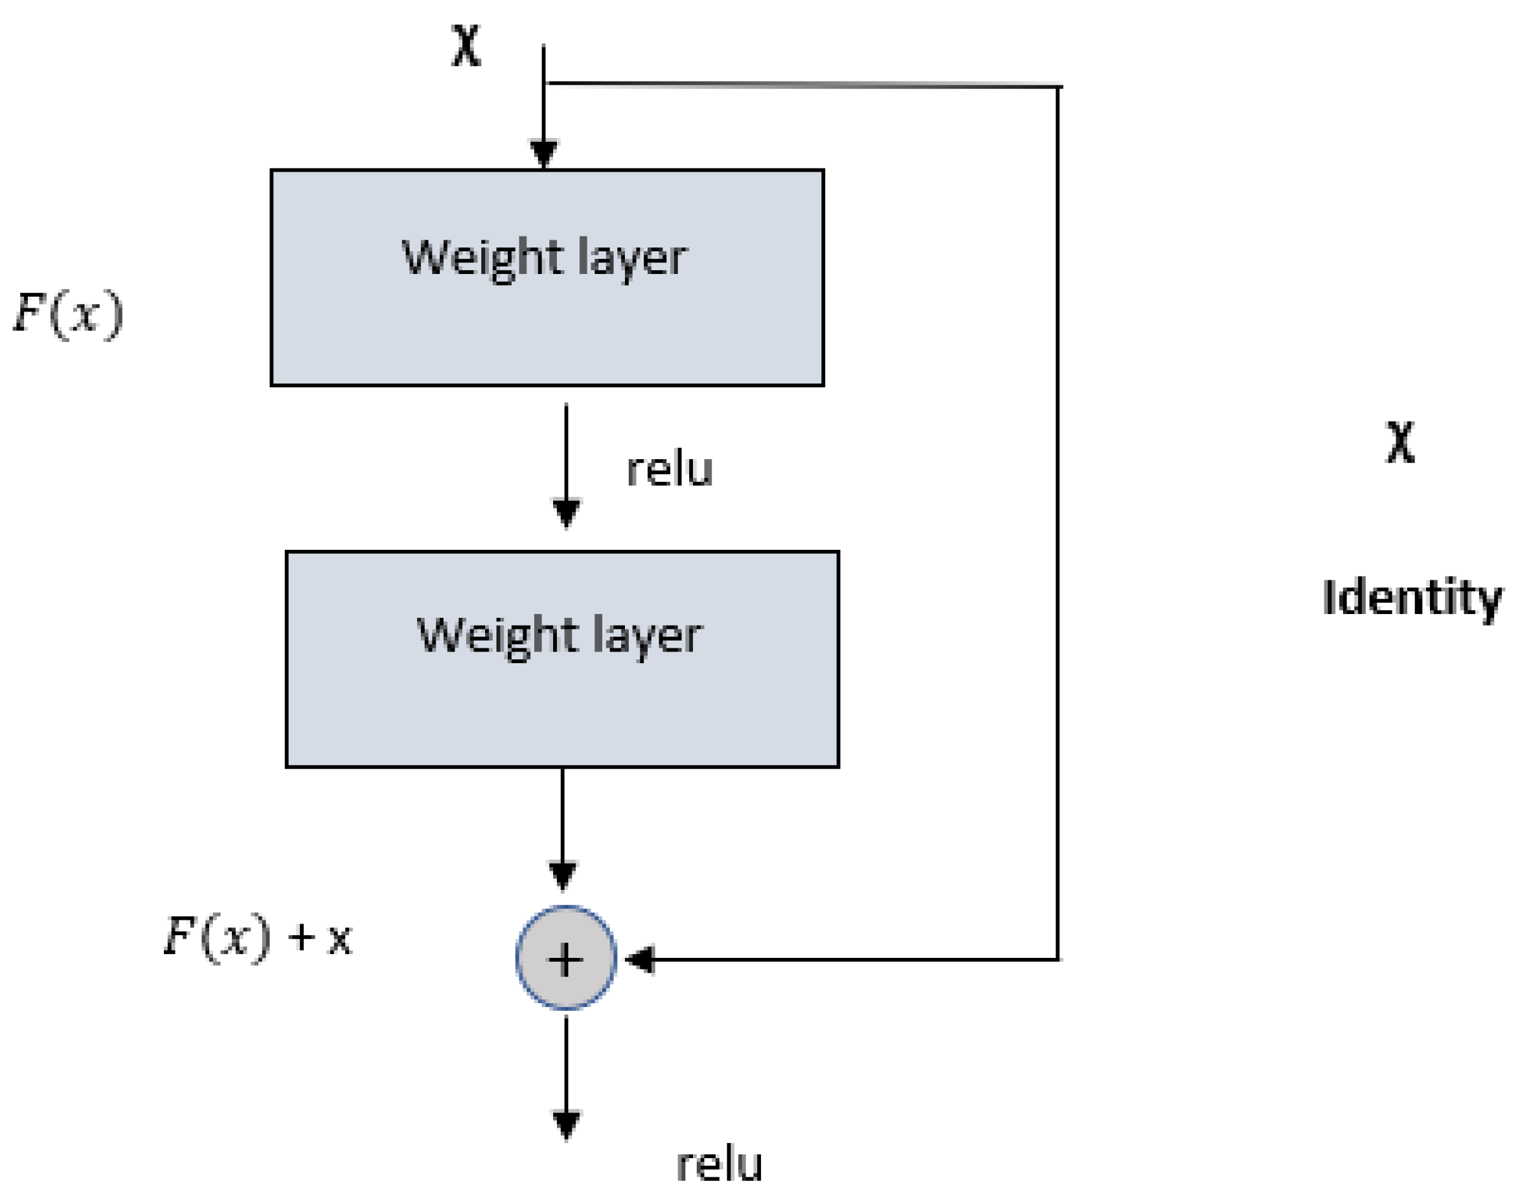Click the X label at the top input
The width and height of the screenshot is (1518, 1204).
[466, 46]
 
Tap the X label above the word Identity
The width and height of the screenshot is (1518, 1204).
[1399, 442]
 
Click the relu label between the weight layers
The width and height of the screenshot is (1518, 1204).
[670, 470]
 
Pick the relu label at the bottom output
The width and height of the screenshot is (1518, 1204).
[719, 1164]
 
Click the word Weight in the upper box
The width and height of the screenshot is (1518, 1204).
[482, 257]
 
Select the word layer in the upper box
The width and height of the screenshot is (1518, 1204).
[631, 258]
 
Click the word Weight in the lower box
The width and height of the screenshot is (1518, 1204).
[498, 635]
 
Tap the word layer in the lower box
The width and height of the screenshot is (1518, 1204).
[647, 637]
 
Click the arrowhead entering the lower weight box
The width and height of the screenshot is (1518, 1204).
[566, 512]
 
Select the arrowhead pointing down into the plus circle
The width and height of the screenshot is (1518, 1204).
[562, 875]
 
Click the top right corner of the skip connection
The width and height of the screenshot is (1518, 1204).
[1058, 87]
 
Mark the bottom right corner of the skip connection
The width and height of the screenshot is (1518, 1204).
[1058, 959]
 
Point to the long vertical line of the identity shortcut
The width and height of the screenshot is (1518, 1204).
[1058, 521]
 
